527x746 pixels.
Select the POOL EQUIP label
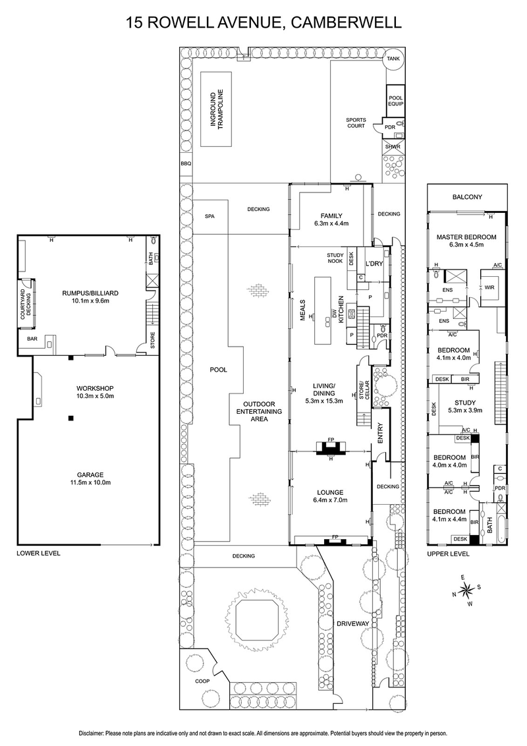395,100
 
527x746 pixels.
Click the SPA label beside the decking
210,216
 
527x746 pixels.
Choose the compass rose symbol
464,589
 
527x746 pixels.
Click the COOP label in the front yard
202,682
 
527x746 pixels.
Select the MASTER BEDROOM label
466,236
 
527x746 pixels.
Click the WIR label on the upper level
489,287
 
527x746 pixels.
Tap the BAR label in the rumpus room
32,339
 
